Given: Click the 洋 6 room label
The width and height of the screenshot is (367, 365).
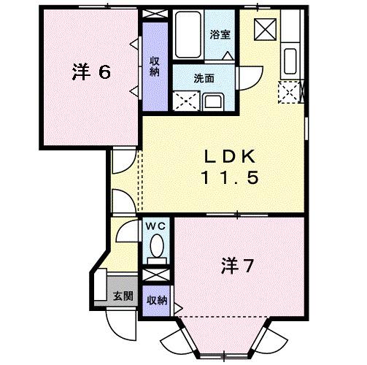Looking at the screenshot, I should [91, 72].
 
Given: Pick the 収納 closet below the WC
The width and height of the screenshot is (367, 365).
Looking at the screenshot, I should [155, 300].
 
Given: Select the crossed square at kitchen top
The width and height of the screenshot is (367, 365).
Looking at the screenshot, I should [263, 28].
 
